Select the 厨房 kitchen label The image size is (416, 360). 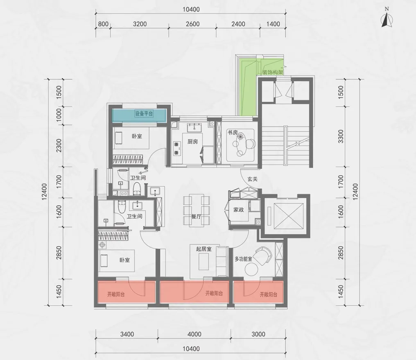coord(192,142)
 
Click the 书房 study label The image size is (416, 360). coord(233,132)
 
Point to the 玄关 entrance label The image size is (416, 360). coord(253,179)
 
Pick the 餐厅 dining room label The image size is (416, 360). coord(196,217)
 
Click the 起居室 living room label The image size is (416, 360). coord(204,249)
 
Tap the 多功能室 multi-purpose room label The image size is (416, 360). coord(243,259)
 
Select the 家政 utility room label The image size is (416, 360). coord(239,210)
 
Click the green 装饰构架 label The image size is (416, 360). coord(273,72)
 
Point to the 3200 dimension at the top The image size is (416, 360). coord(140,24)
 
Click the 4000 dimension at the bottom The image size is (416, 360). coord(194,334)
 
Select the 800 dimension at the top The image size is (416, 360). coord(103,24)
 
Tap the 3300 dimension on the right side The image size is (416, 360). coord(341,136)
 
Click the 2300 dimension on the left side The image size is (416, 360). coord(59,145)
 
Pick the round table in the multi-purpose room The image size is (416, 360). coord(251,270)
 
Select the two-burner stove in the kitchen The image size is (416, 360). coord(176,148)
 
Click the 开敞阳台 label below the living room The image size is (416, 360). coord(214,293)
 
